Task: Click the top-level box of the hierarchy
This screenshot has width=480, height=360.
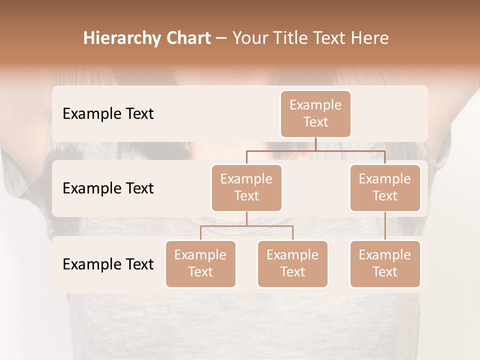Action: point(315,114)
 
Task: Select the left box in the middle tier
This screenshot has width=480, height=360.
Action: point(246,188)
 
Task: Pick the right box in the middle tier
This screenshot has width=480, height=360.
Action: point(385,188)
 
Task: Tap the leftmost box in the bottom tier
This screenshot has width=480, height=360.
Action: point(200,264)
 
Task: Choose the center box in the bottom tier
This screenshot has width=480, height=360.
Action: point(292,264)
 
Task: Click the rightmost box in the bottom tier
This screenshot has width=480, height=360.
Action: point(385,264)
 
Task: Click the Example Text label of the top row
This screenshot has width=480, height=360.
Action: point(108,114)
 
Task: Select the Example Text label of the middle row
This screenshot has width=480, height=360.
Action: point(108,188)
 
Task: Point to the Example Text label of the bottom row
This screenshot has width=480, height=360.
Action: point(108,264)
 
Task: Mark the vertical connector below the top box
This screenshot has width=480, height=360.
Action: point(315,144)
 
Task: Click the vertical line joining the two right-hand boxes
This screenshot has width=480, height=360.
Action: point(385,226)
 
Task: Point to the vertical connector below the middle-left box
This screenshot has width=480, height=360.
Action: point(246,218)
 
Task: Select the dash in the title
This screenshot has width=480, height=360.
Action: point(221,39)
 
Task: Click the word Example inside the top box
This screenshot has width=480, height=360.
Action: point(315,105)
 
